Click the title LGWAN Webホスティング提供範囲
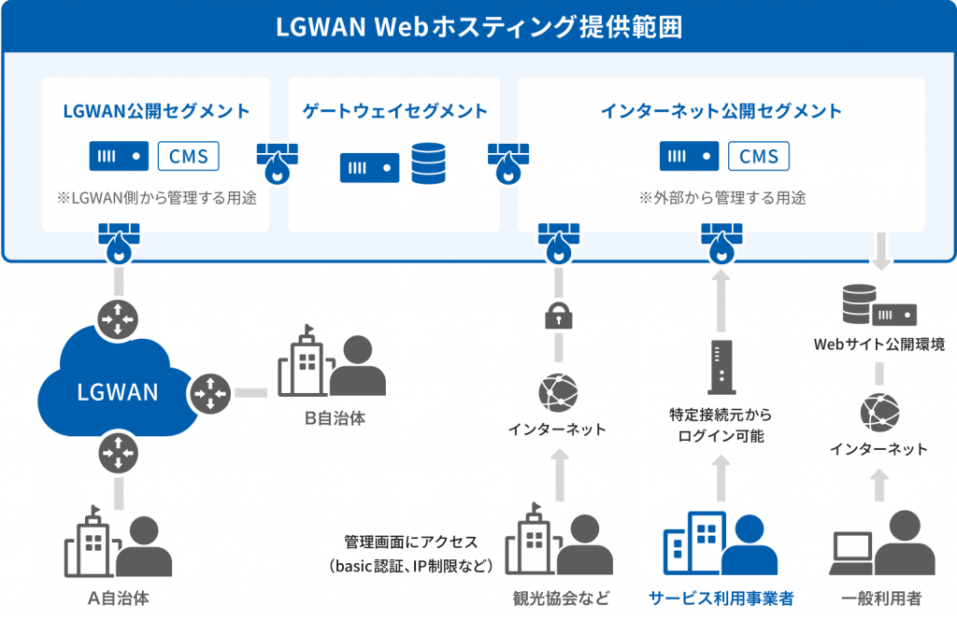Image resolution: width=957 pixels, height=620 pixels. click(478, 27)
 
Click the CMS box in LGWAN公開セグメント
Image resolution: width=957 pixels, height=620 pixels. click(189, 156)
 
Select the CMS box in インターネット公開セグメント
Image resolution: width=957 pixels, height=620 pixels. click(758, 156)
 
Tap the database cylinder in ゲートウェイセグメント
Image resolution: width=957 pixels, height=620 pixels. click(429, 162)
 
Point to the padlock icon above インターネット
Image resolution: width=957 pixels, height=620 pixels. click(558, 317)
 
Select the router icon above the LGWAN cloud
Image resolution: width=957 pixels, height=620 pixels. click(118, 318)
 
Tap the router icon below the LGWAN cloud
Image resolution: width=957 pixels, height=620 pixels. click(118, 455)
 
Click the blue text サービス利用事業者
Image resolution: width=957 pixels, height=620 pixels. click(721, 598)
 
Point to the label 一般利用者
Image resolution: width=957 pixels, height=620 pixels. click(881, 598)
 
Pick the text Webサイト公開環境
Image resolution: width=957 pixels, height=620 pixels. click(878, 345)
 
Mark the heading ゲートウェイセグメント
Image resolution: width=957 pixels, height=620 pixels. click(394, 111)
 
